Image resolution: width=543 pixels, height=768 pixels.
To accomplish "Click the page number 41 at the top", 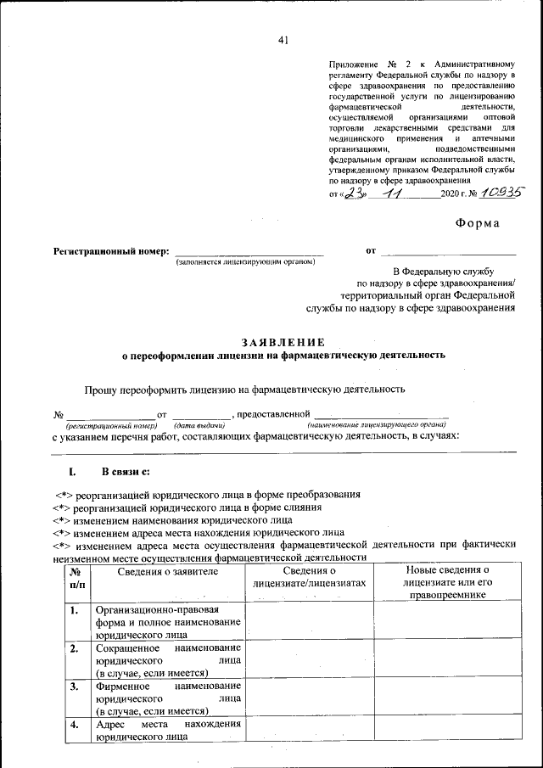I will (x=283, y=40).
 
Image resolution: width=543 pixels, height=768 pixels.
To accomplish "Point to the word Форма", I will (x=478, y=224).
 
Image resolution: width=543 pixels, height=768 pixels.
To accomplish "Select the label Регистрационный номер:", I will (x=111, y=251).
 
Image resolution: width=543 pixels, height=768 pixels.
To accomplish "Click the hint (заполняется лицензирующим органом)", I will (x=245, y=261).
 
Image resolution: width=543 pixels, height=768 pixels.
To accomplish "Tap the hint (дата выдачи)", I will (x=199, y=423).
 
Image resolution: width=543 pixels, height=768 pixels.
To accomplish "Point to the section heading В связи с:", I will (x=127, y=471).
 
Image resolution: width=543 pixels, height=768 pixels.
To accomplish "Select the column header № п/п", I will (x=76, y=578).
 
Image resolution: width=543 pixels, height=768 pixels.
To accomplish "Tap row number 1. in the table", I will (x=75, y=610).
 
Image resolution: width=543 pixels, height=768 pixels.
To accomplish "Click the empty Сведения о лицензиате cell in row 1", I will (x=309, y=622).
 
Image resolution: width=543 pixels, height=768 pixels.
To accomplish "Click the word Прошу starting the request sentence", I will (x=101, y=390).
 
